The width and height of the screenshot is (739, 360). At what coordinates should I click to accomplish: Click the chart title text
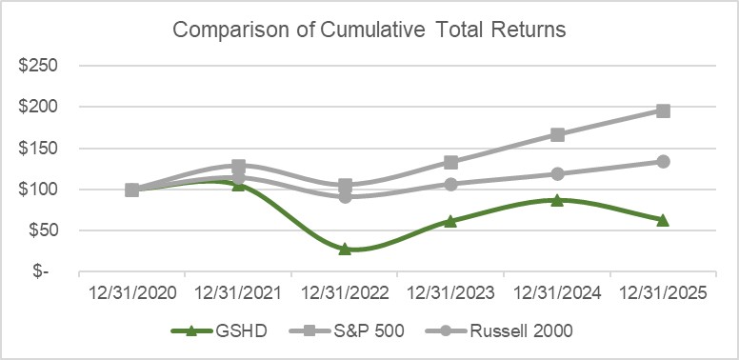click(x=369, y=30)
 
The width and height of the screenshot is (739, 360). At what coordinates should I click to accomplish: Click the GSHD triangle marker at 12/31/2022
click(x=345, y=249)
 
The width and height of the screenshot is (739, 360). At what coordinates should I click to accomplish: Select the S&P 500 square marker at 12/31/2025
click(x=663, y=111)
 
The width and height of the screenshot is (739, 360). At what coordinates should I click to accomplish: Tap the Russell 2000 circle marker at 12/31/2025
click(x=663, y=162)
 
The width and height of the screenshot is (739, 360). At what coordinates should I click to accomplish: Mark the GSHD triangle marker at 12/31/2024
click(x=557, y=200)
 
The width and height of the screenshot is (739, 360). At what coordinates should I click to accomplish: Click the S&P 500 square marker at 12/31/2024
click(x=557, y=135)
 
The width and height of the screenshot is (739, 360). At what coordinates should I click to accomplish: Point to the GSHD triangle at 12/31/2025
click(x=663, y=220)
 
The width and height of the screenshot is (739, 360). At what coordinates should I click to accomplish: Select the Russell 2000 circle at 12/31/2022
click(x=345, y=196)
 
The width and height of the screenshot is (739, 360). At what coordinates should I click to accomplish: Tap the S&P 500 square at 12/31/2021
click(x=239, y=167)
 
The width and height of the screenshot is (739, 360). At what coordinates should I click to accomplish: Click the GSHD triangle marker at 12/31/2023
click(x=450, y=221)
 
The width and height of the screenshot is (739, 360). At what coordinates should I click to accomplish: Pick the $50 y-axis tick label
click(x=44, y=230)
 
